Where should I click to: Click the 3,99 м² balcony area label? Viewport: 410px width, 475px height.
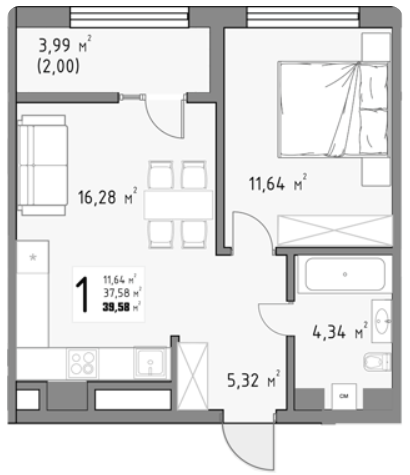(65, 45)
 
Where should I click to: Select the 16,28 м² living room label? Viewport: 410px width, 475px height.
(107, 197)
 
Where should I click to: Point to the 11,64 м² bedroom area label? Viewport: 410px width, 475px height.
(278, 183)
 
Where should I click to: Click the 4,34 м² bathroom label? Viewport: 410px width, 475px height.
(340, 332)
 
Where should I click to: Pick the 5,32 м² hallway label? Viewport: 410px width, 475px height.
(254, 380)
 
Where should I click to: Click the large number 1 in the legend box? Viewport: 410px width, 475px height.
(82, 295)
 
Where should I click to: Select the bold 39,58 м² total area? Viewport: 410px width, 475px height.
(122, 307)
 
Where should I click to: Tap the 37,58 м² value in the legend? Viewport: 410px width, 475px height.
(122, 293)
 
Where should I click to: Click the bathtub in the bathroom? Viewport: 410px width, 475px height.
(345, 274)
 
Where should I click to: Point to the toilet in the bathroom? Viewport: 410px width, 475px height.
(377, 361)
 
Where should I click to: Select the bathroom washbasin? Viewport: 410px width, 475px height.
(382, 321)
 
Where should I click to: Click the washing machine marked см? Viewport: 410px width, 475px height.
(344, 396)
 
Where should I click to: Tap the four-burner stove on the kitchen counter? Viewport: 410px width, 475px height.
(83, 363)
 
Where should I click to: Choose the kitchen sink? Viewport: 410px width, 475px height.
(150, 363)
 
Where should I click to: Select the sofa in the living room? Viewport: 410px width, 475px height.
(43, 165)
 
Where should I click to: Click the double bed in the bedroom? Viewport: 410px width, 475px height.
(334, 109)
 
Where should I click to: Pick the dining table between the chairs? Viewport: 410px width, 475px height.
(178, 205)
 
